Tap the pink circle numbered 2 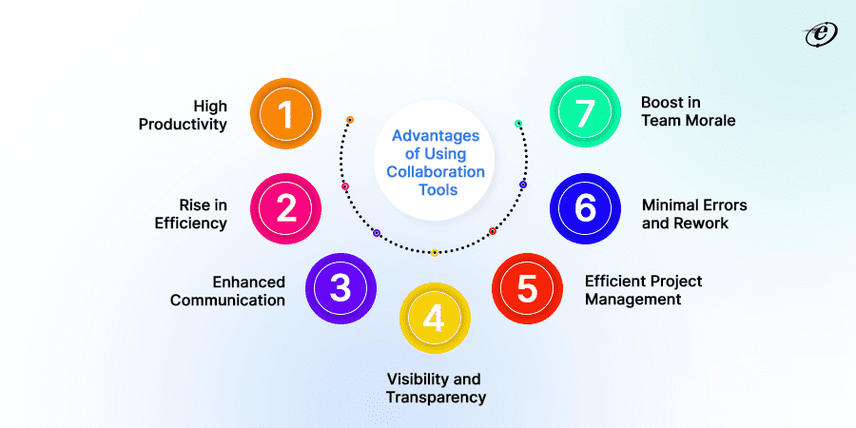[284, 208]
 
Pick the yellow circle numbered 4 [434, 318]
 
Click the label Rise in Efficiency [190, 214]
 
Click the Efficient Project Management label [643, 290]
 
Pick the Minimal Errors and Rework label [693, 214]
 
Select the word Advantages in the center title [437, 136]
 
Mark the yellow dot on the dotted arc [434, 253]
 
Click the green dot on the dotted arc [518, 124]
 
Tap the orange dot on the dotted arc [350, 120]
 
